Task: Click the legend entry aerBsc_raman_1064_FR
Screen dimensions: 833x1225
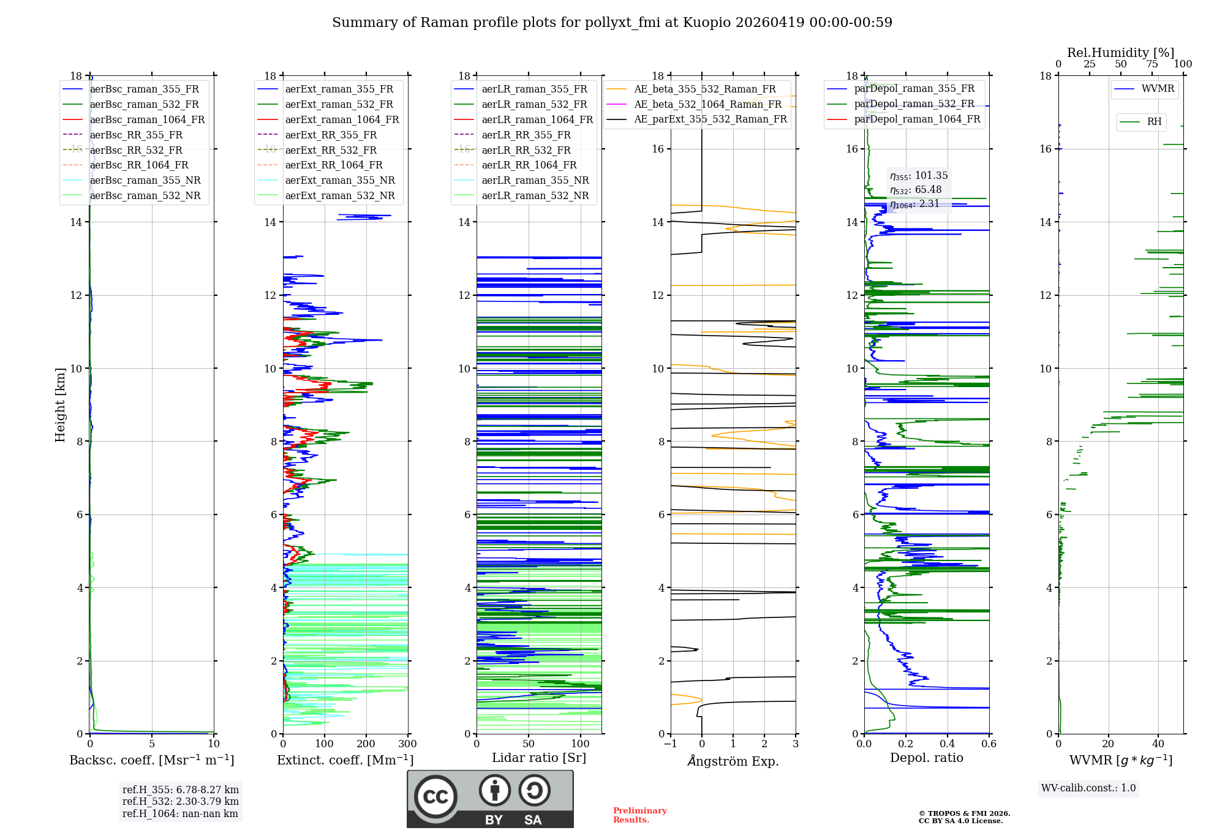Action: [x=147, y=119]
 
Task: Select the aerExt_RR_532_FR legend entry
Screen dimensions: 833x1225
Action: [x=331, y=150]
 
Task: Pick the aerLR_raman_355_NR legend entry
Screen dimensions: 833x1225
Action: [x=535, y=180]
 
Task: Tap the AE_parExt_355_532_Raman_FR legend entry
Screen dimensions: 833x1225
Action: [x=710, y=119]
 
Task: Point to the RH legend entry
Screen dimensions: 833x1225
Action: [x=1154, y=122]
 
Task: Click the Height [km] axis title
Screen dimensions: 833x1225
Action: [x=60, y=404]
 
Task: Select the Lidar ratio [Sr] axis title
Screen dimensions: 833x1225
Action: [x=538, y=758]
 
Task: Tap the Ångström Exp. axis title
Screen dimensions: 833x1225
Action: [x=733, y=761]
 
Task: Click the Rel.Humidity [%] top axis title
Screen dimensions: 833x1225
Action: [x=1120, y=53]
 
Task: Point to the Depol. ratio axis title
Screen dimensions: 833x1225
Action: [x=926, y=758]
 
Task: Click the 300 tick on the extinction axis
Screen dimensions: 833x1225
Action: [x=407, y=744]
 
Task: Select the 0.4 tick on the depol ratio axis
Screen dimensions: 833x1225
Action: [x=947, y=744]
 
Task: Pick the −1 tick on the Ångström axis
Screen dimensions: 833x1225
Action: [x=670, y=744]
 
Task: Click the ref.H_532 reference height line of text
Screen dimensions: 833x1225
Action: [x=180, y=801]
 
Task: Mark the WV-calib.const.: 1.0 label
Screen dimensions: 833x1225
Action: [x=1088, y=788]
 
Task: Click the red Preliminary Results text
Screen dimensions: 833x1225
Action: [x=639, y=815]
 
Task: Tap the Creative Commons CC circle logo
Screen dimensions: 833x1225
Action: [x=435, y=797]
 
